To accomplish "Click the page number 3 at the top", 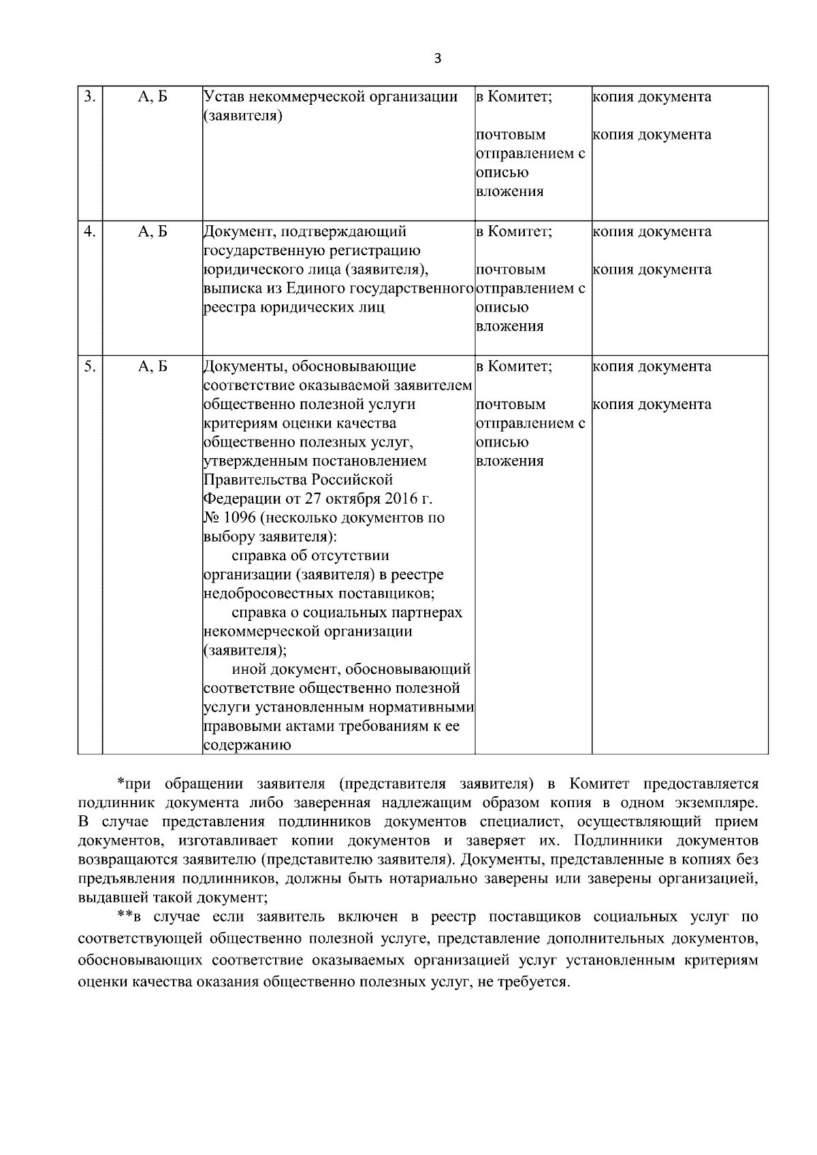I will [x=437, y=59].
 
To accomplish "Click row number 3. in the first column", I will [x=89, y=96].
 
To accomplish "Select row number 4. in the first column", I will [x=89, y=231].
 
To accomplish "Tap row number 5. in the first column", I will [x=89, y=366].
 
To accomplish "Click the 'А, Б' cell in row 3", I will [x=153, y=97].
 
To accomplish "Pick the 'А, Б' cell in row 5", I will [x=153, y=367].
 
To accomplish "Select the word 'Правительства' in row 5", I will [x=252, y=479].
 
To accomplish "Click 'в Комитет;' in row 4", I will [x=513, y=231].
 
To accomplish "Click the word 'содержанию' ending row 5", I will [x=248, y=745].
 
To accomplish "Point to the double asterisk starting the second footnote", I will [x=123, y=916].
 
